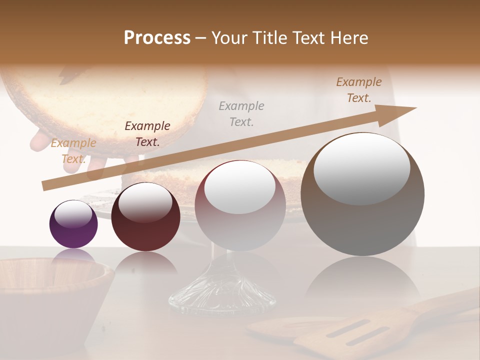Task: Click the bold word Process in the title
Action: pyautogui.click(x=157, y=37)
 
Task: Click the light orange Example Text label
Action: pyautogui.click(x=73, y=150)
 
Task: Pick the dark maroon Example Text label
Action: pyautogui.click(x=147, y=133)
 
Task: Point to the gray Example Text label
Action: pyautogui.click(x=241, y=113)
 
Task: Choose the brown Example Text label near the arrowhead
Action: pyautogui.click(x=359, y=90)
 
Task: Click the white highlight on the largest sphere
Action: pyautogui.click(x=362, y=167)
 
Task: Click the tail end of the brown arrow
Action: pyautogui.click(x=46, y=186)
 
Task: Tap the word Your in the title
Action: pyautogui.click(x=228, y=38)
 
